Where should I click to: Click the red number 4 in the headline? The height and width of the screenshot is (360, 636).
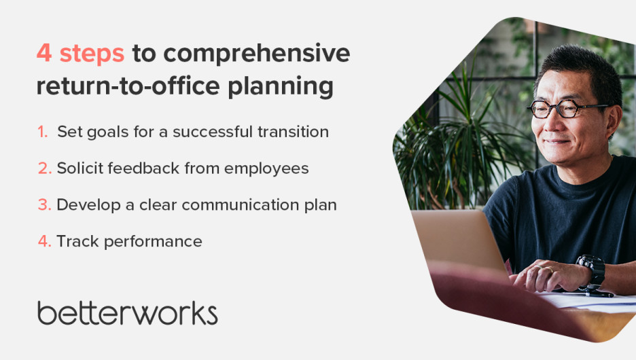click(44, 53)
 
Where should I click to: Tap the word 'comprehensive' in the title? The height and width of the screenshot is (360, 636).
click(257, 54)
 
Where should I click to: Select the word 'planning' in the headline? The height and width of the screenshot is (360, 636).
click(280, 87)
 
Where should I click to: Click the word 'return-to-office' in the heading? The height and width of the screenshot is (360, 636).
click(128, 86)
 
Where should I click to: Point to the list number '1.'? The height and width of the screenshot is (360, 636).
click(43, 132)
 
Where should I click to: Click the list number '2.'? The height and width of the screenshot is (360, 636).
click(45, 168)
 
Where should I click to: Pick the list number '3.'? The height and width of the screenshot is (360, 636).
click(45, 204)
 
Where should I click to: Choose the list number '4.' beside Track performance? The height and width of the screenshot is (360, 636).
click(45, 241)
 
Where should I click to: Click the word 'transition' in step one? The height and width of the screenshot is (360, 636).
click(293, 132)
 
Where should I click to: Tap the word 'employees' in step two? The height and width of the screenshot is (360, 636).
click(266, 169)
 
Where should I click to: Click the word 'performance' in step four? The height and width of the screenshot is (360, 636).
click(153, 242)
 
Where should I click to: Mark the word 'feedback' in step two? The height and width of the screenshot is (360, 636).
click(143, 168)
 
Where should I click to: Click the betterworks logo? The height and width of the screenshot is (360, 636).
click(127, 312)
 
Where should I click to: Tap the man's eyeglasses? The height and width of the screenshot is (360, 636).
click(564, 109)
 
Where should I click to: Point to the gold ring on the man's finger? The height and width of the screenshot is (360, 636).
click(548, 269)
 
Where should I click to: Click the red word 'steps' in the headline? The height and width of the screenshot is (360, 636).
click(92, 54)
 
